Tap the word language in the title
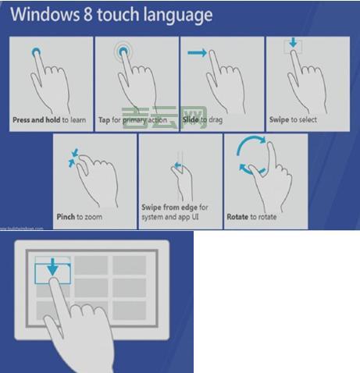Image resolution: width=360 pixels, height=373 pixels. pos(176,16)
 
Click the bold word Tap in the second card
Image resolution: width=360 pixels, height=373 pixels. pos(105,121)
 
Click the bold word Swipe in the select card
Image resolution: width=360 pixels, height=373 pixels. pos(280,121)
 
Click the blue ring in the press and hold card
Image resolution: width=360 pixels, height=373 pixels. pos(35,52)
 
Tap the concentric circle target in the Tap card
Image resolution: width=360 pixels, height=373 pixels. pos(124,53)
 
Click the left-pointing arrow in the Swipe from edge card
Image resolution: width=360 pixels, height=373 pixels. pos(176,165)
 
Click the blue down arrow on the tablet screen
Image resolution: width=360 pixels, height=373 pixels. pos(53,268)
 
